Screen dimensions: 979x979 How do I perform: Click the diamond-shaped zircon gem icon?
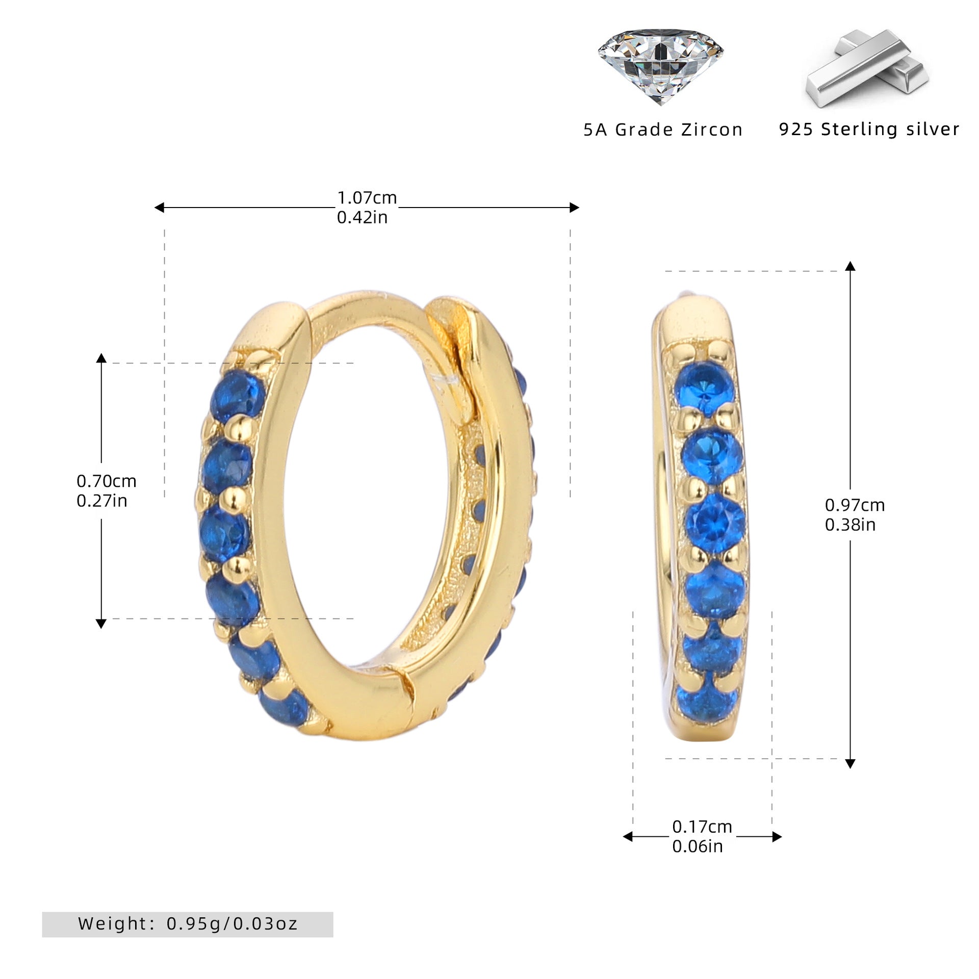tap(660, 66)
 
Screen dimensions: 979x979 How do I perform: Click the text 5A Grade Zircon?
tap(663, 130)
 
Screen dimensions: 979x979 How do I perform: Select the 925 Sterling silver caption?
tap(869, 129)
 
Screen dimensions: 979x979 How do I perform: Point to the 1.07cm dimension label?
tap(367, 197)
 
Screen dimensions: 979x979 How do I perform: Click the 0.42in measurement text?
tap(362, 217)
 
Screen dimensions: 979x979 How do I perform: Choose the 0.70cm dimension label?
tap(106, 481)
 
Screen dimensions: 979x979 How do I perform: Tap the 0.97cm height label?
tap(855, 505)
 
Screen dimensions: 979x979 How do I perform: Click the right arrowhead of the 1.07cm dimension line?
tap(574, 208)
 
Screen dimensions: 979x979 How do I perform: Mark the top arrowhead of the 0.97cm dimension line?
tap(850, 266)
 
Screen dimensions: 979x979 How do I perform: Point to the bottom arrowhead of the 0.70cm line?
tap(101, 624)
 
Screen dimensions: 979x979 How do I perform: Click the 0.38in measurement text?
tap(850, 525)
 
